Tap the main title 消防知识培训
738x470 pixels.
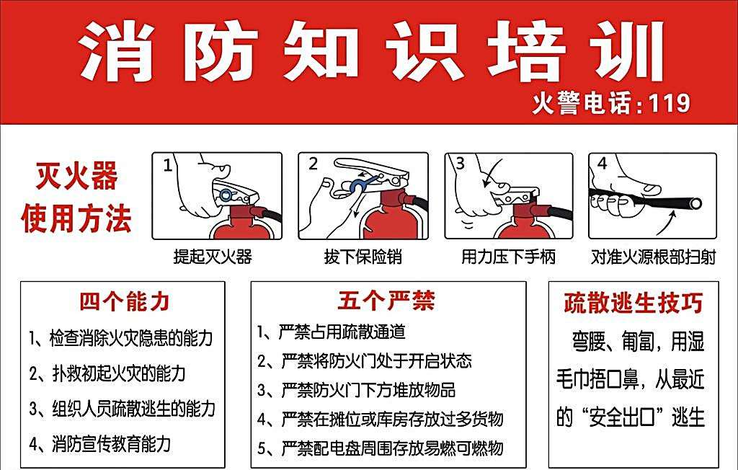(370, 51)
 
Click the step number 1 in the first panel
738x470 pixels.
(167, 165)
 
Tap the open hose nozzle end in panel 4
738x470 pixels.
(695, 204)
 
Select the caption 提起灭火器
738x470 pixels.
(213, 257)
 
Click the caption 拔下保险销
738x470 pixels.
(363, 257)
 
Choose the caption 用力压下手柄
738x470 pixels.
(508, 257)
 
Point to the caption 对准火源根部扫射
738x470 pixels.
(653, 257)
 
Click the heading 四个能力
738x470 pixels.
(124, 301)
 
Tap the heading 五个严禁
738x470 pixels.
(386, 301)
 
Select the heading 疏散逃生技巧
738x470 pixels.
(633, 302)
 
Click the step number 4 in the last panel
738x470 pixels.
(602, 164)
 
